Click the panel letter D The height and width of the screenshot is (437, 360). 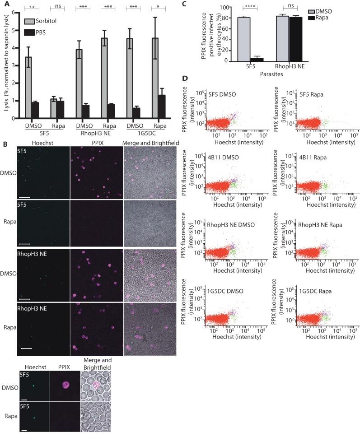(x=185, y=79)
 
